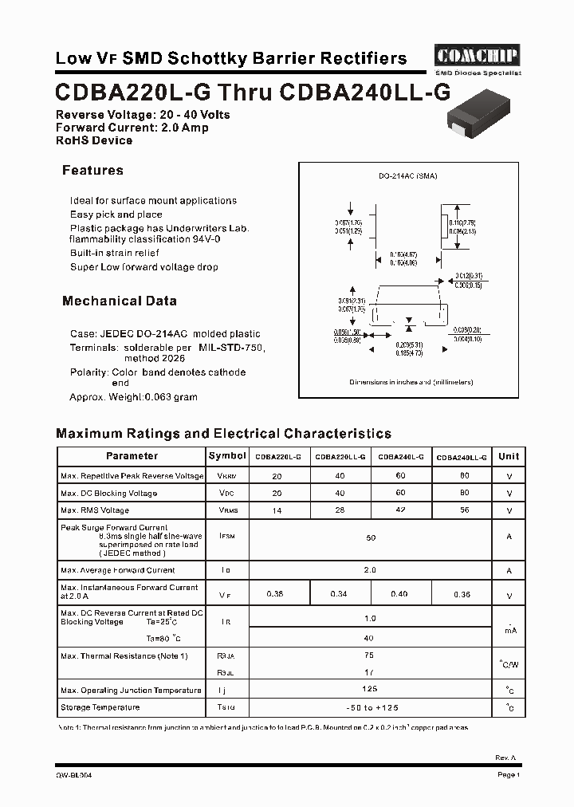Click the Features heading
click(92, 170)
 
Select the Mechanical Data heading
click(120, 301)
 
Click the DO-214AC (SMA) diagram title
click(407, 175)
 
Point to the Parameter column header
click(132, 456)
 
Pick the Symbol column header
click(227, 456)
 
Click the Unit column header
click(509, 456)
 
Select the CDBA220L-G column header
click(277, 458)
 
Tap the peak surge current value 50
click(370, 538)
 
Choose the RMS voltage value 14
click(277, 510)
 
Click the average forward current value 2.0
click(370, 570)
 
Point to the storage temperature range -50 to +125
click(370, 707)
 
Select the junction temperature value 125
click(370, 689)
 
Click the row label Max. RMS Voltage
click(95, 510)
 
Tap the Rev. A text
click(505, 758)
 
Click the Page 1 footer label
click(509, 774)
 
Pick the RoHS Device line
click(94, 140)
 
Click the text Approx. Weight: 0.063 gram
click(133, 396)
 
